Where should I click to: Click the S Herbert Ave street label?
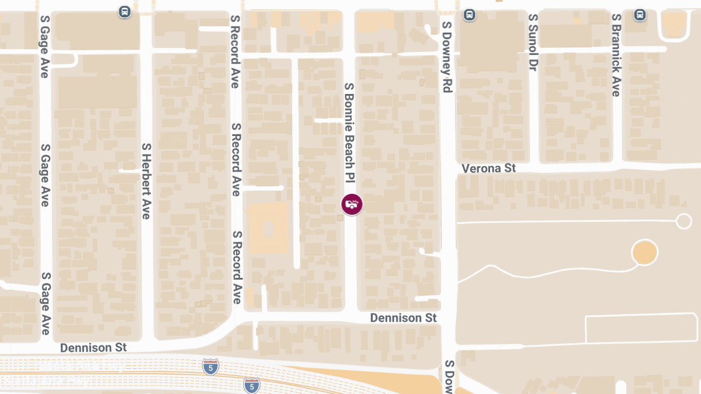click(146, 181)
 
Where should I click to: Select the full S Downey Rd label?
click(447, 57)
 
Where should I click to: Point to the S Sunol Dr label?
click(532, 43)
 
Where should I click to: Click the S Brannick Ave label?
click(616, 55)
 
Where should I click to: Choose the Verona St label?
click(488, 168)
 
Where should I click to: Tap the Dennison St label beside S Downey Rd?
click(404, 318)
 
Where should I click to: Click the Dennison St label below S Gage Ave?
click(93, 347)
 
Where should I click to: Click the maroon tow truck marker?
click(352, 204)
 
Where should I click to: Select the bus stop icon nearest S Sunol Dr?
click(469, 14)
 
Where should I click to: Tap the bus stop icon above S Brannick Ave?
click(640, 14)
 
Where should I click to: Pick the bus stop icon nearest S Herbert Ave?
click(124, 12)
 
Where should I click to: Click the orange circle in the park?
click(644, 253)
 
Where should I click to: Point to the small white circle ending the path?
click(683, 221)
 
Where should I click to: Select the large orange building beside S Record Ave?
click(268, 228)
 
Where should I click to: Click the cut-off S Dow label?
click(449, 376)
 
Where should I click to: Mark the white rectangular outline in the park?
click(643, 329)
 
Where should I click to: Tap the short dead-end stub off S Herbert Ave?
click(130, 170)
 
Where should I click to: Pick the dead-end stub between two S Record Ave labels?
click(263, 188)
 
